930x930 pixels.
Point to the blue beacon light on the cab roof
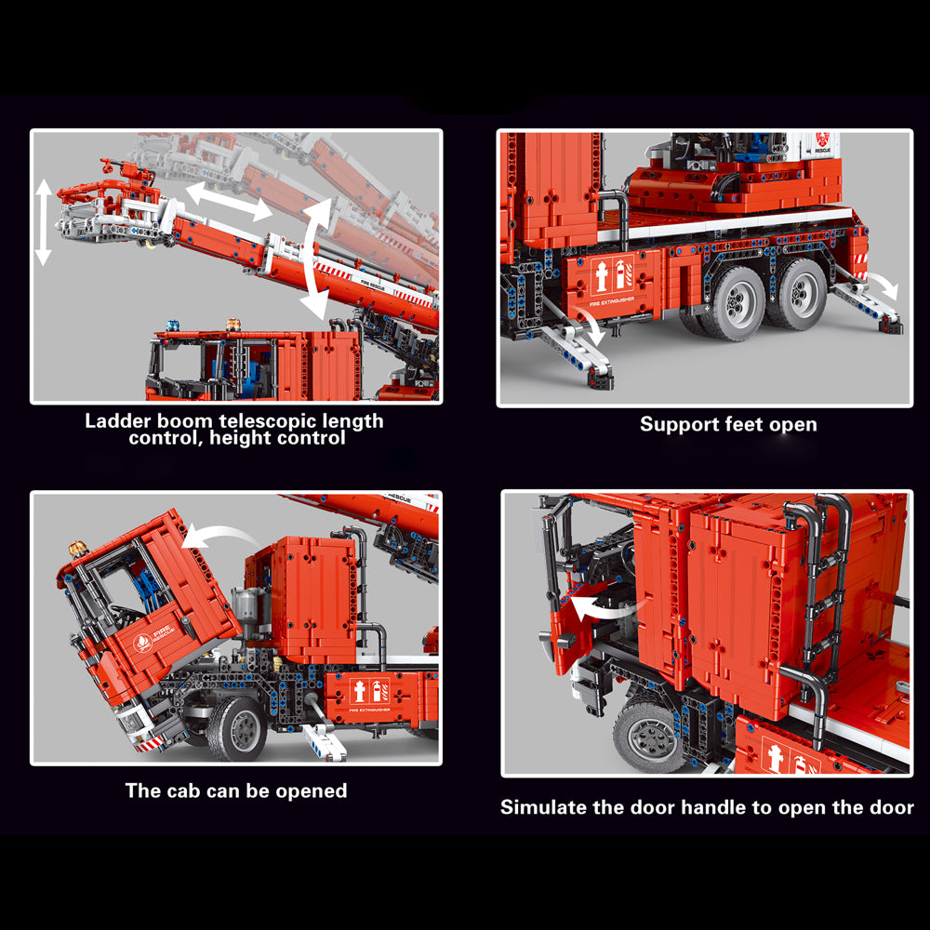172,325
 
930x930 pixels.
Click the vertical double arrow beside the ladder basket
44,222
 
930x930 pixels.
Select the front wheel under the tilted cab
237,729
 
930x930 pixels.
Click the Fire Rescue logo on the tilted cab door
152,639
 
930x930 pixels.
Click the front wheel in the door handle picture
647,737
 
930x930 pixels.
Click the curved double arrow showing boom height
315,259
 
